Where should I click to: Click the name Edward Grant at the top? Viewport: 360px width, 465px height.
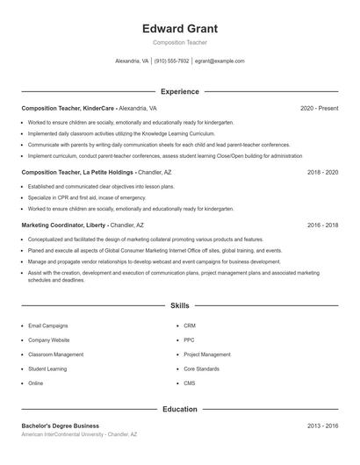[180, 28]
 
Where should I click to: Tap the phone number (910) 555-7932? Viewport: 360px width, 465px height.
[172, 61]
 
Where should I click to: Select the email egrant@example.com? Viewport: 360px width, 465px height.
[220, 61]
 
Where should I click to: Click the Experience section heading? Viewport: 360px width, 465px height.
[180, 91]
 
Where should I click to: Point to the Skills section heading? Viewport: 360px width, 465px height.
[180, 306]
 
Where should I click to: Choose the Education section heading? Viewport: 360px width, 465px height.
[180, 409]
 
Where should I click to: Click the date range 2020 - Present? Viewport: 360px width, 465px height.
[319, 108]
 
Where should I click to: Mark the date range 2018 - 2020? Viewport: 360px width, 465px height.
[322, 173]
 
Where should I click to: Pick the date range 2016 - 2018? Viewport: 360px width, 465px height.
[322, 225]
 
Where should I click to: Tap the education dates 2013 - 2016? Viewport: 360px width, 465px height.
[322, 426]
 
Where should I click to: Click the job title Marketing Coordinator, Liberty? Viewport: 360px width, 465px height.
[64, 225]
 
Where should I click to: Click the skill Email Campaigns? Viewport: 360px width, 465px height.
[47, 325]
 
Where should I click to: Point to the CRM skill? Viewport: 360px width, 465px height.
[190, 325]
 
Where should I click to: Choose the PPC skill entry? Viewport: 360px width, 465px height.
[189, 340]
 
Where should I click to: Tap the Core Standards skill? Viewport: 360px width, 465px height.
[201, 368]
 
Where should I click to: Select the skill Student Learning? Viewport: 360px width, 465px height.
[47, 368]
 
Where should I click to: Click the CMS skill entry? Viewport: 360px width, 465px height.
[190, 383]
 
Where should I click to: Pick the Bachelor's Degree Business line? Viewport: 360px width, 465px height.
[61, 426]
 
